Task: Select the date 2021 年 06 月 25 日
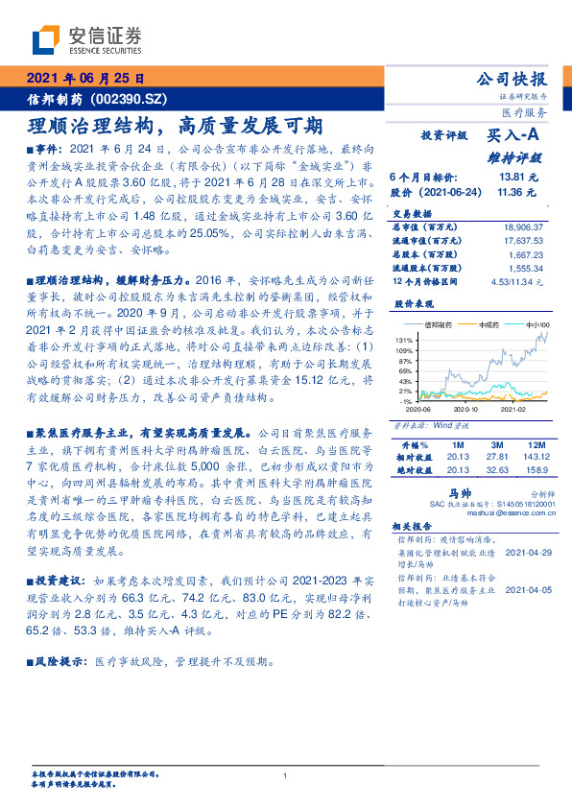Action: [86, 78]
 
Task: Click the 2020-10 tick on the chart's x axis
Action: [465, 407]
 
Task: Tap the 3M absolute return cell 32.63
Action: [496, 469]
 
